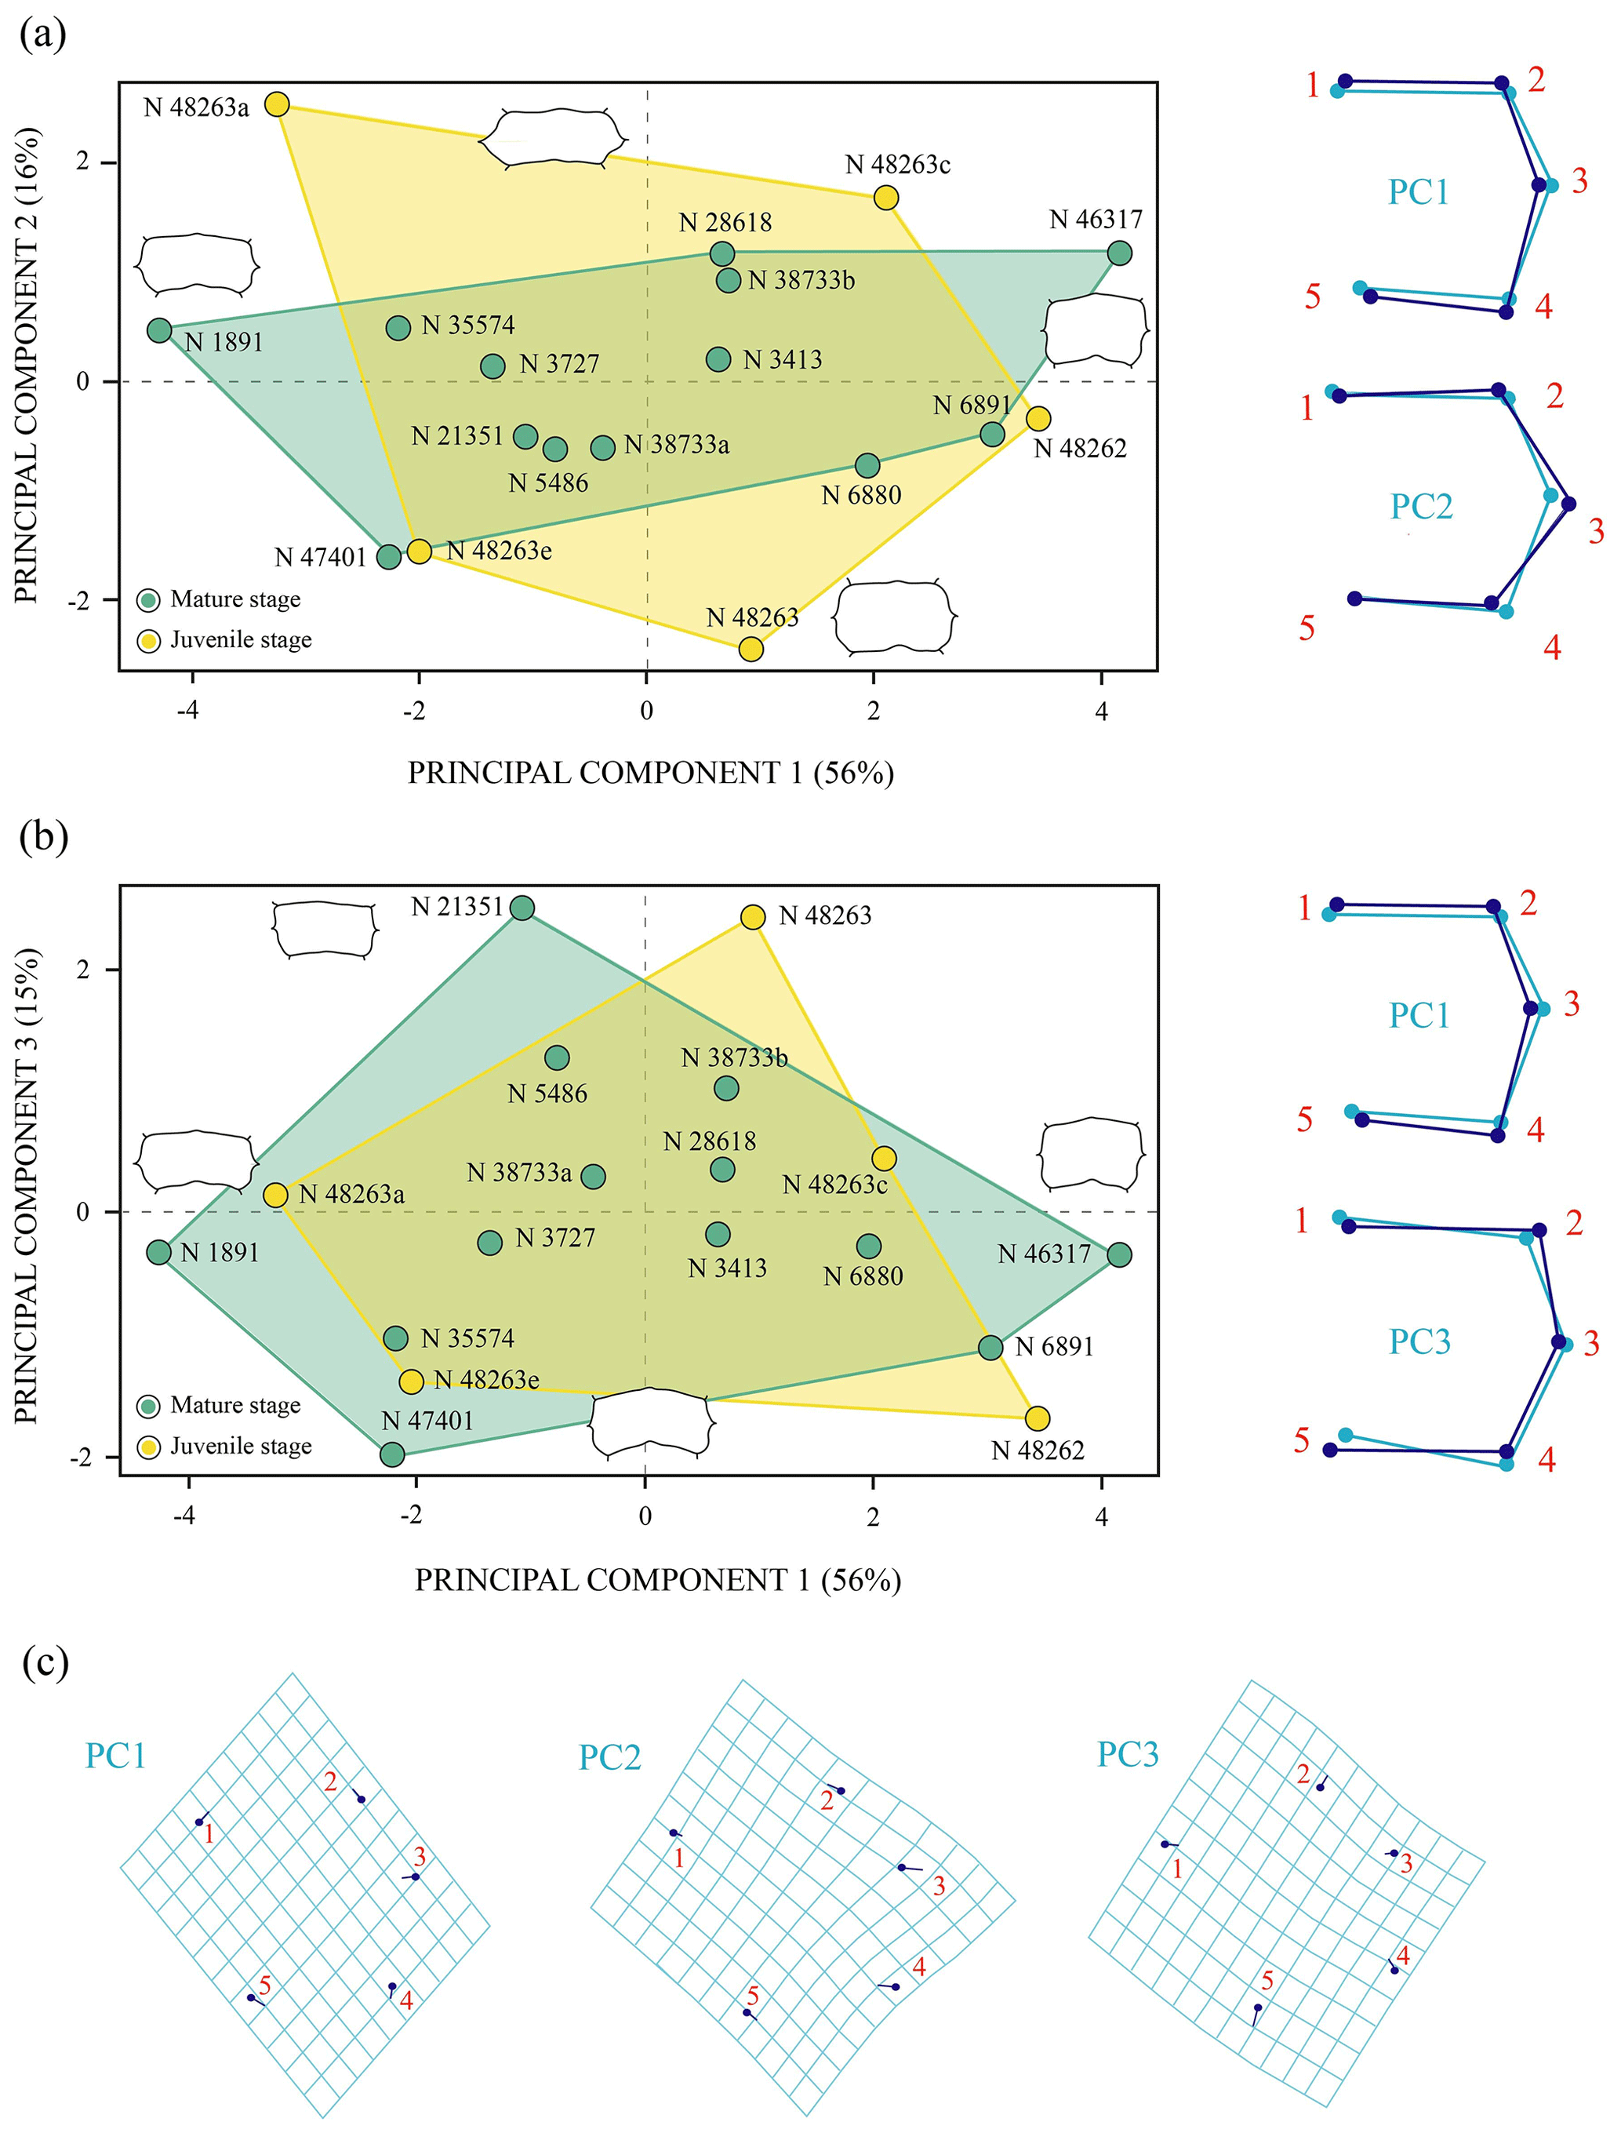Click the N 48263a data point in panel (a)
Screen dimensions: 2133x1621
277,104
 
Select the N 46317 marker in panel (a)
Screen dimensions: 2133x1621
1119,253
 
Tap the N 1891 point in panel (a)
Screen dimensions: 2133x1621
160,330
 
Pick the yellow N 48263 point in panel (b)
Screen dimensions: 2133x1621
753,916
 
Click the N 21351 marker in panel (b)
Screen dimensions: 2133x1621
522,907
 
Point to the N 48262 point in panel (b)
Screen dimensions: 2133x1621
1038,1418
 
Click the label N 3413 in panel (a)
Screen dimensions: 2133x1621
783,360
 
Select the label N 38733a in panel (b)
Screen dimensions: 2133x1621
519,1173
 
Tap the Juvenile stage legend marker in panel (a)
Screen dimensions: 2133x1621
148,641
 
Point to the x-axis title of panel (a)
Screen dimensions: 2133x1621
650,773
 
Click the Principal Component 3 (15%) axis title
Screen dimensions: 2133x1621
26,1185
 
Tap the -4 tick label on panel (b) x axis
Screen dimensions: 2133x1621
184,1516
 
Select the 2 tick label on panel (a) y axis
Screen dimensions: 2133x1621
84,161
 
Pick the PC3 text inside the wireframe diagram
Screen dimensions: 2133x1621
1419,1341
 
